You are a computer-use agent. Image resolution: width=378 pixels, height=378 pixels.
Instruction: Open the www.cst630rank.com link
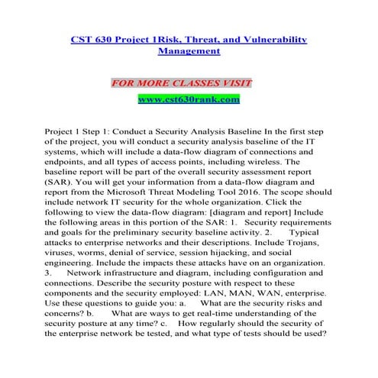coord(189,99)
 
